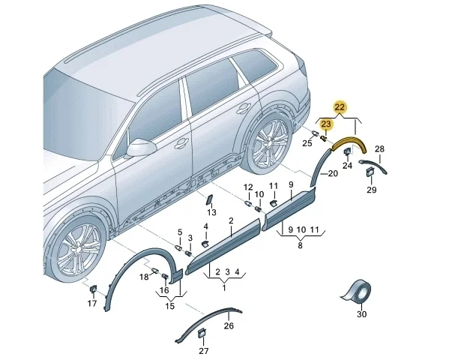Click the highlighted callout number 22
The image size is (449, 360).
(340, 107)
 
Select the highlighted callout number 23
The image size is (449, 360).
(326, 124)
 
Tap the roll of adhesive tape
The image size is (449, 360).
(357, 292)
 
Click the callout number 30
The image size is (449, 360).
(361, 314)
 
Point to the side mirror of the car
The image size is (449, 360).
(140, 148)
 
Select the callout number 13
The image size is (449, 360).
(211, 212)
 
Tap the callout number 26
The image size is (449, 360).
(229, 326)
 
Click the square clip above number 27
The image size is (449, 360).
(202, 333)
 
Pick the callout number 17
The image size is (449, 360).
(92, 303)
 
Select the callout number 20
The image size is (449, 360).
(333, 173)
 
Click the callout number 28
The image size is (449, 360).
(379, 149)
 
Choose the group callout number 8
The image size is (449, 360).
(300, 245)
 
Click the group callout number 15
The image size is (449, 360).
(170, 306)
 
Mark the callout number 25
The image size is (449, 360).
(307, 143)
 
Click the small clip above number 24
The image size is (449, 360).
(347, 151)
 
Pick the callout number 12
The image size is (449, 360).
(248, 187)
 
